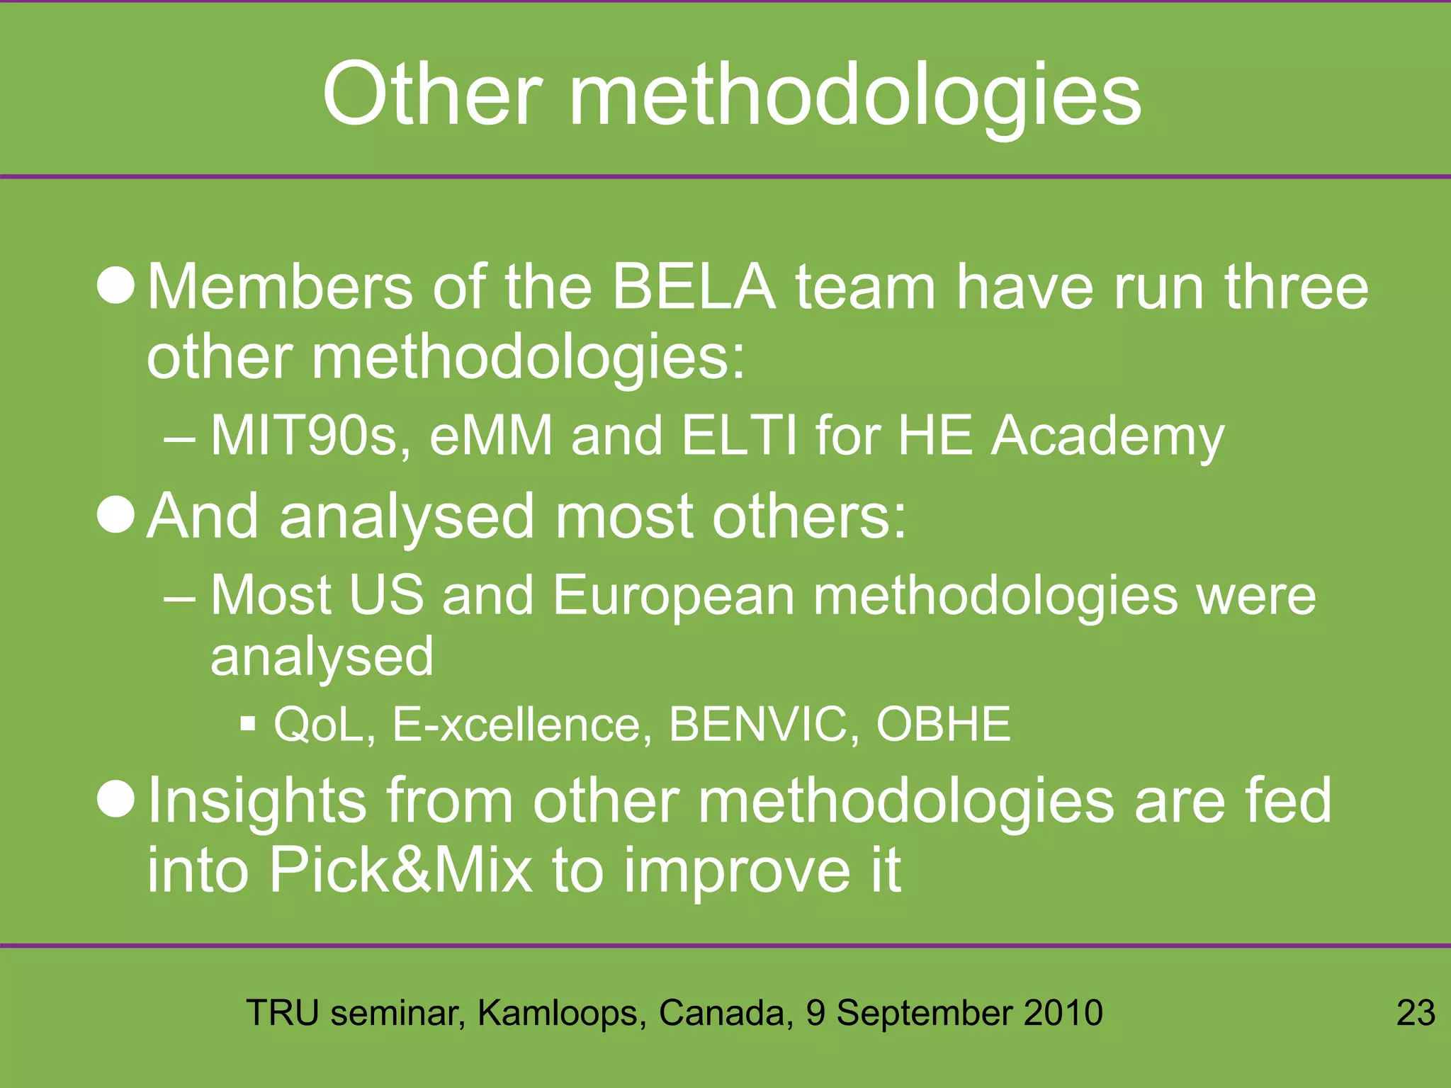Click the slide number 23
click(1415, 1013)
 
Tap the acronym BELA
click(694, 287)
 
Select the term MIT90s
click(310, 436)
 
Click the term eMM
click(490, 436)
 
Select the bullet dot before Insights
click(115, 799)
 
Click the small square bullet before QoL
click(247, 724)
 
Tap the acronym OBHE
click(943, 725)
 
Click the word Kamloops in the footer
click(561, 1014)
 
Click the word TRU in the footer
click(282, 1013)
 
